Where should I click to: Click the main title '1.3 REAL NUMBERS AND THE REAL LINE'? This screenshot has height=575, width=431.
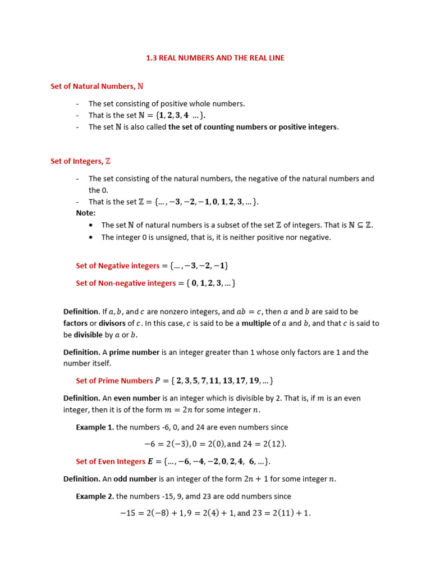tap(215, 58)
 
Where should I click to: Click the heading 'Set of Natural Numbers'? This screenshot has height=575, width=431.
tap(93, 86)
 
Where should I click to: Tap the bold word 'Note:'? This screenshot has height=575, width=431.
tap(86, 213)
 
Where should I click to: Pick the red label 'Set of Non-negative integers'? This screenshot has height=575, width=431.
tap(126, 283)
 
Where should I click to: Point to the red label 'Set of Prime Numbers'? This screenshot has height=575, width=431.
tap(114, 381)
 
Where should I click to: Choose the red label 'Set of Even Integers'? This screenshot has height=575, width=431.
tap(111, 462)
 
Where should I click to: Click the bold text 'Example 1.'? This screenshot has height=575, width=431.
tap(95, 427)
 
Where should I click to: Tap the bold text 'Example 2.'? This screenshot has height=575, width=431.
tap(95, 496)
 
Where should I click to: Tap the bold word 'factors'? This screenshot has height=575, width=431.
tap(75, 323)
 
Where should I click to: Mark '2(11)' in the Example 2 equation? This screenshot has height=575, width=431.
tap(287, 513)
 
